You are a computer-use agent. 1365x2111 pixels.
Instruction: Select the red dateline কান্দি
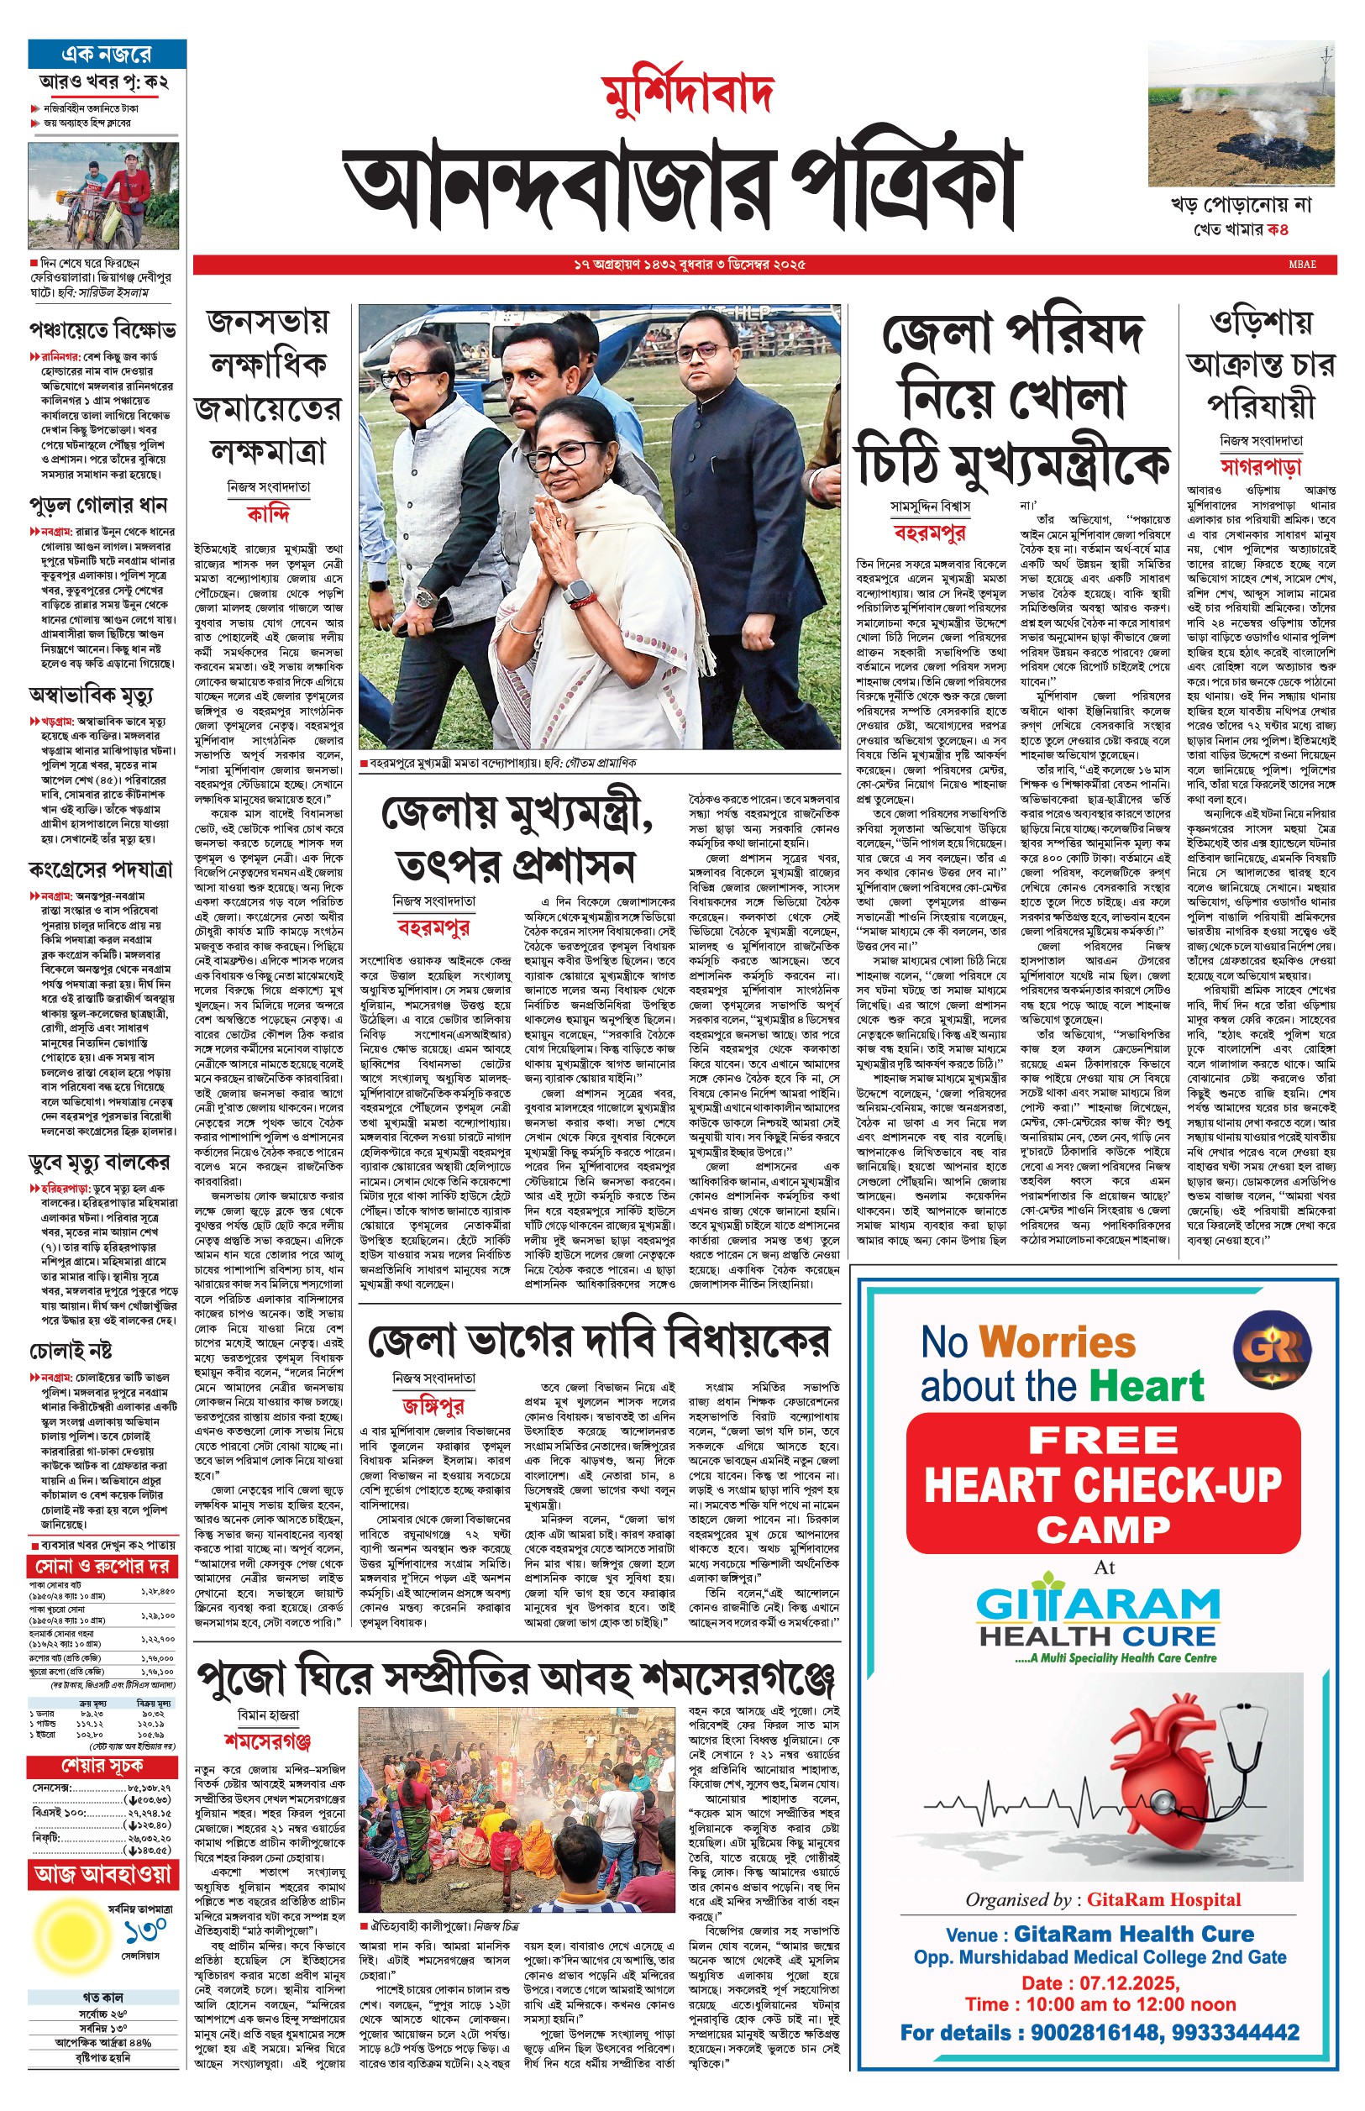coord(268,515)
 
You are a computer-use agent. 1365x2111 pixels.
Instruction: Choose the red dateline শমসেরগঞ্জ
coord(268,1741)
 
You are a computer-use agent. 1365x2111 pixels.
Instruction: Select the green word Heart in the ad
coord(1145,1386)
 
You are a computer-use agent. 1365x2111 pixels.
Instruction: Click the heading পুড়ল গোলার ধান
coord(98,506)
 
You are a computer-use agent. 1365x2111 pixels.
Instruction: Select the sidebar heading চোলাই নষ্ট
coord(71,1351)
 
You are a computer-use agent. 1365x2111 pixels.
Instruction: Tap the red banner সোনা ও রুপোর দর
coord(101,1566)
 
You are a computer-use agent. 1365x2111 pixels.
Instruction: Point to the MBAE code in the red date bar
coord(1302,264)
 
